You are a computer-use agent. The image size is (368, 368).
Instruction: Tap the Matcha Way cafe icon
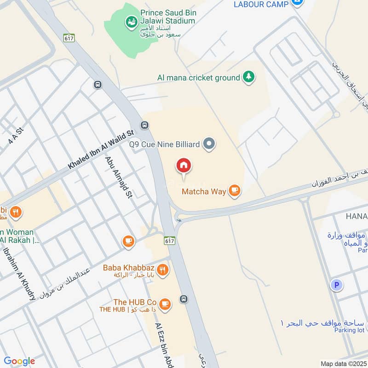[x=235, y=190]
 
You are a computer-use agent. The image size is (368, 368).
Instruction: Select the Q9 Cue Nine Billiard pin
[x=209, y=144]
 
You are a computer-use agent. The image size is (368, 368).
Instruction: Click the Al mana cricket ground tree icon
[x=248, y=77]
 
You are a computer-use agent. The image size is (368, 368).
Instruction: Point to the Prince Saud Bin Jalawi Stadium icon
[x=131, y=21]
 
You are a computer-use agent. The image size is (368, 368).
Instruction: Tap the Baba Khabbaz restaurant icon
[x=162, y=269]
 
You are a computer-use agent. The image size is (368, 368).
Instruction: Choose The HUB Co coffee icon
[x=165, y=303]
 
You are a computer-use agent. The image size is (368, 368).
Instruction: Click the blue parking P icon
[x=337, y=285]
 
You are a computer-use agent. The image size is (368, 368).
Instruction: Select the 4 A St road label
[x=15, y=137]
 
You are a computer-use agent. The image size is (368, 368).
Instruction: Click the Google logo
[x=19, y=361]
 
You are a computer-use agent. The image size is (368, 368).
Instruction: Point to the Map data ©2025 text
[x=343, y=363]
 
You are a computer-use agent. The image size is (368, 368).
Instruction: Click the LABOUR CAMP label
[x=261, y=4]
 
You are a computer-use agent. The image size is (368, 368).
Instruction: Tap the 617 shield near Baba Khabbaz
[x=169, y=240]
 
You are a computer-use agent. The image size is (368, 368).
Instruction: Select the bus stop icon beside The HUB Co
[x=184, y=299]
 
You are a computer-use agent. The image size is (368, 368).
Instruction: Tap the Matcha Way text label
[x=204, y=191]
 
